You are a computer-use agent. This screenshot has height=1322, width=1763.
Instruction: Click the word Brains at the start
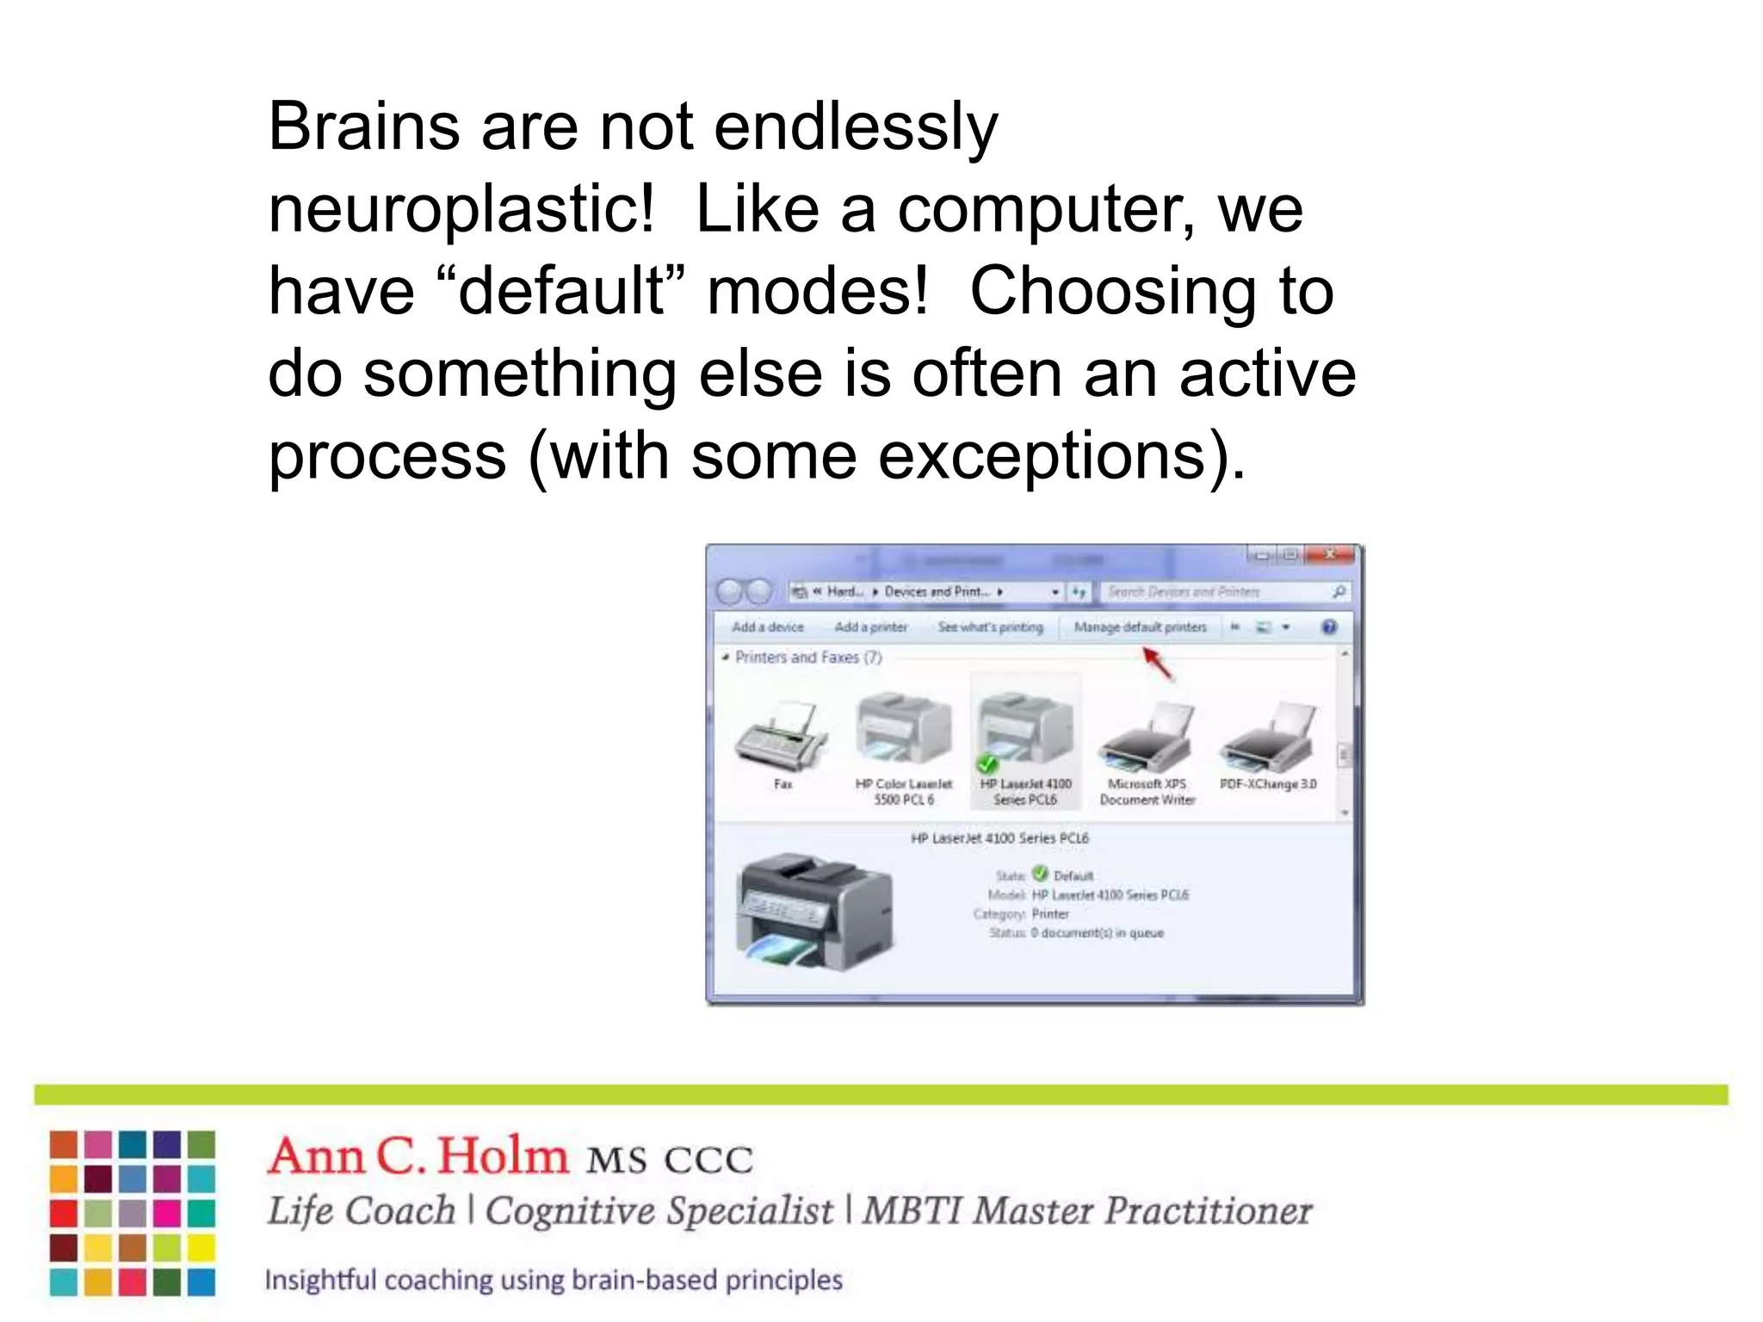click(364, 127)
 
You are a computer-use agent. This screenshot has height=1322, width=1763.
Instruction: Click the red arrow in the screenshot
click(1158, 663)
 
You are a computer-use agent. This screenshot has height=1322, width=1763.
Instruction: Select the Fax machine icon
click(782, 736)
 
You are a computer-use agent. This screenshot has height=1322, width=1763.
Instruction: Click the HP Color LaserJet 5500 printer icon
click(904, 730)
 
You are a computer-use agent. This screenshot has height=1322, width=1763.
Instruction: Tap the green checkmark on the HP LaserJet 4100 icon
click(987, 763)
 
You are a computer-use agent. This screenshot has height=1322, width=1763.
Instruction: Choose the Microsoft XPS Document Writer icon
click(1147, 737)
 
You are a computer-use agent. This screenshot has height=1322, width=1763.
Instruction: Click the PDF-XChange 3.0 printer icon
click(1268, 737)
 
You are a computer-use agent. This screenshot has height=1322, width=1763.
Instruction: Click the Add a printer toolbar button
click(870, 627)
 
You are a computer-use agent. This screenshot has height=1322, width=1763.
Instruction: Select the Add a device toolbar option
click(767, 627)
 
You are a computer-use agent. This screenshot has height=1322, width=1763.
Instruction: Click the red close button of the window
click(1330, 555)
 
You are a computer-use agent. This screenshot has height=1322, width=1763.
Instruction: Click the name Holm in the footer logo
click(503, 1156)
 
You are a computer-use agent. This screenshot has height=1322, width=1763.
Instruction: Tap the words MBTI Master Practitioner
click(1086, 1211)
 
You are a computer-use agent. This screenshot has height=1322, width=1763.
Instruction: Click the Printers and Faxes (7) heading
click(807, 658)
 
